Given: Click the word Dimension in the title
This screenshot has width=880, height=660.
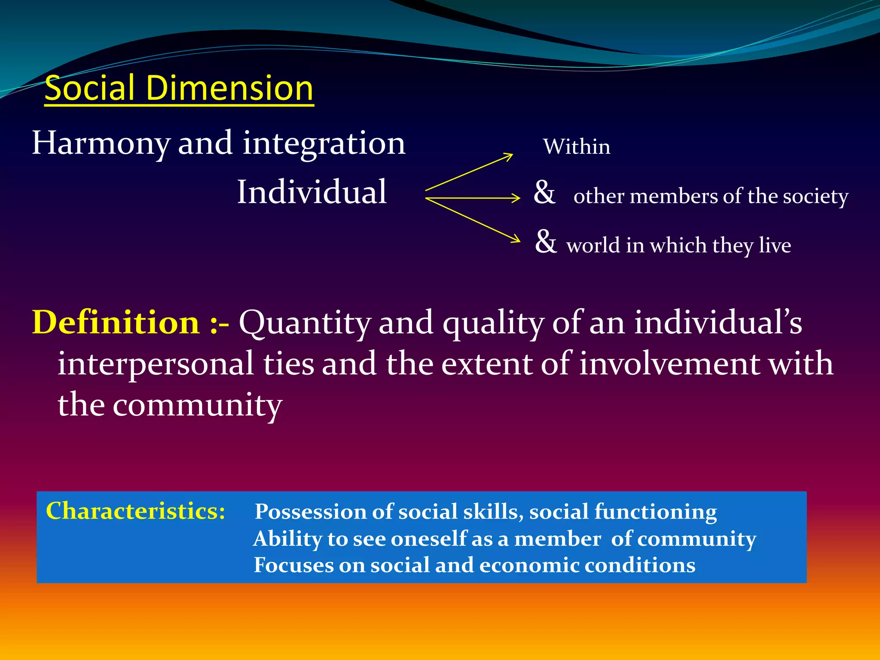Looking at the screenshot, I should (229, 88).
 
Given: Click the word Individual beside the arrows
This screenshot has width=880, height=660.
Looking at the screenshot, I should (312, 192).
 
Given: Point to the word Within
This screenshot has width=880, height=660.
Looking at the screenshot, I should (576, 147).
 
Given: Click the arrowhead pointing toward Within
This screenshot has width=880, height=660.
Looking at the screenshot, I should (509, 156).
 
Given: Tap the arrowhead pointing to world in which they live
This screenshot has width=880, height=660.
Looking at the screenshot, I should (516, 238).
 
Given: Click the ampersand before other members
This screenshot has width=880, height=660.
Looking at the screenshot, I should (544, 192).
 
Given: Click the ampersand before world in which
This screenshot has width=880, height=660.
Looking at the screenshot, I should (546, 241).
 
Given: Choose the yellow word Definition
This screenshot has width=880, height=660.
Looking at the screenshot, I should (116, 322).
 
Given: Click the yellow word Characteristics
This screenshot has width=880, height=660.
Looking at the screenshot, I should (135, 511).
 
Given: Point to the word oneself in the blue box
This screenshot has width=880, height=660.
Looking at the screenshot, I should (428, 539).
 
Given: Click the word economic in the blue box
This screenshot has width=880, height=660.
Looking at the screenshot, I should (529, 565).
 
